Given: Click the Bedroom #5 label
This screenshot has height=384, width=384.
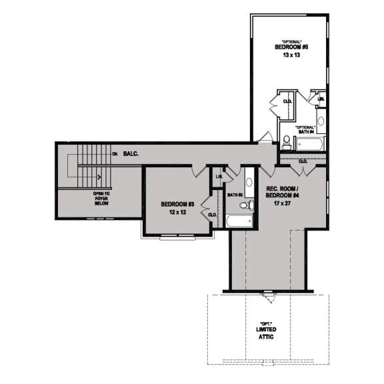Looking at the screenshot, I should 291,48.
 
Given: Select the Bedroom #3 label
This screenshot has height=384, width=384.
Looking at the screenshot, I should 177,204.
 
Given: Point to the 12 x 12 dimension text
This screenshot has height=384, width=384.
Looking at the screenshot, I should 177,213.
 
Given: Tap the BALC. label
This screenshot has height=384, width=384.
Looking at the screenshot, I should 131,154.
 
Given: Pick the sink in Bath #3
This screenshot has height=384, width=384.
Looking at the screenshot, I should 249,180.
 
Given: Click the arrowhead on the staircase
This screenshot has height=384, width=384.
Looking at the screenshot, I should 98,177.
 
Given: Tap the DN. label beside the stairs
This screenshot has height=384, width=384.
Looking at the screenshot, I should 115,155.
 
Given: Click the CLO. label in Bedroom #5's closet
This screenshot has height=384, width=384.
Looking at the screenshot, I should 288,101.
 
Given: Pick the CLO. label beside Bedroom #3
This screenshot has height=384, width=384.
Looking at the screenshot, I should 213,215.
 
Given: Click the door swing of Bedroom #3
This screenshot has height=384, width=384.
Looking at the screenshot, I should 198,171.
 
